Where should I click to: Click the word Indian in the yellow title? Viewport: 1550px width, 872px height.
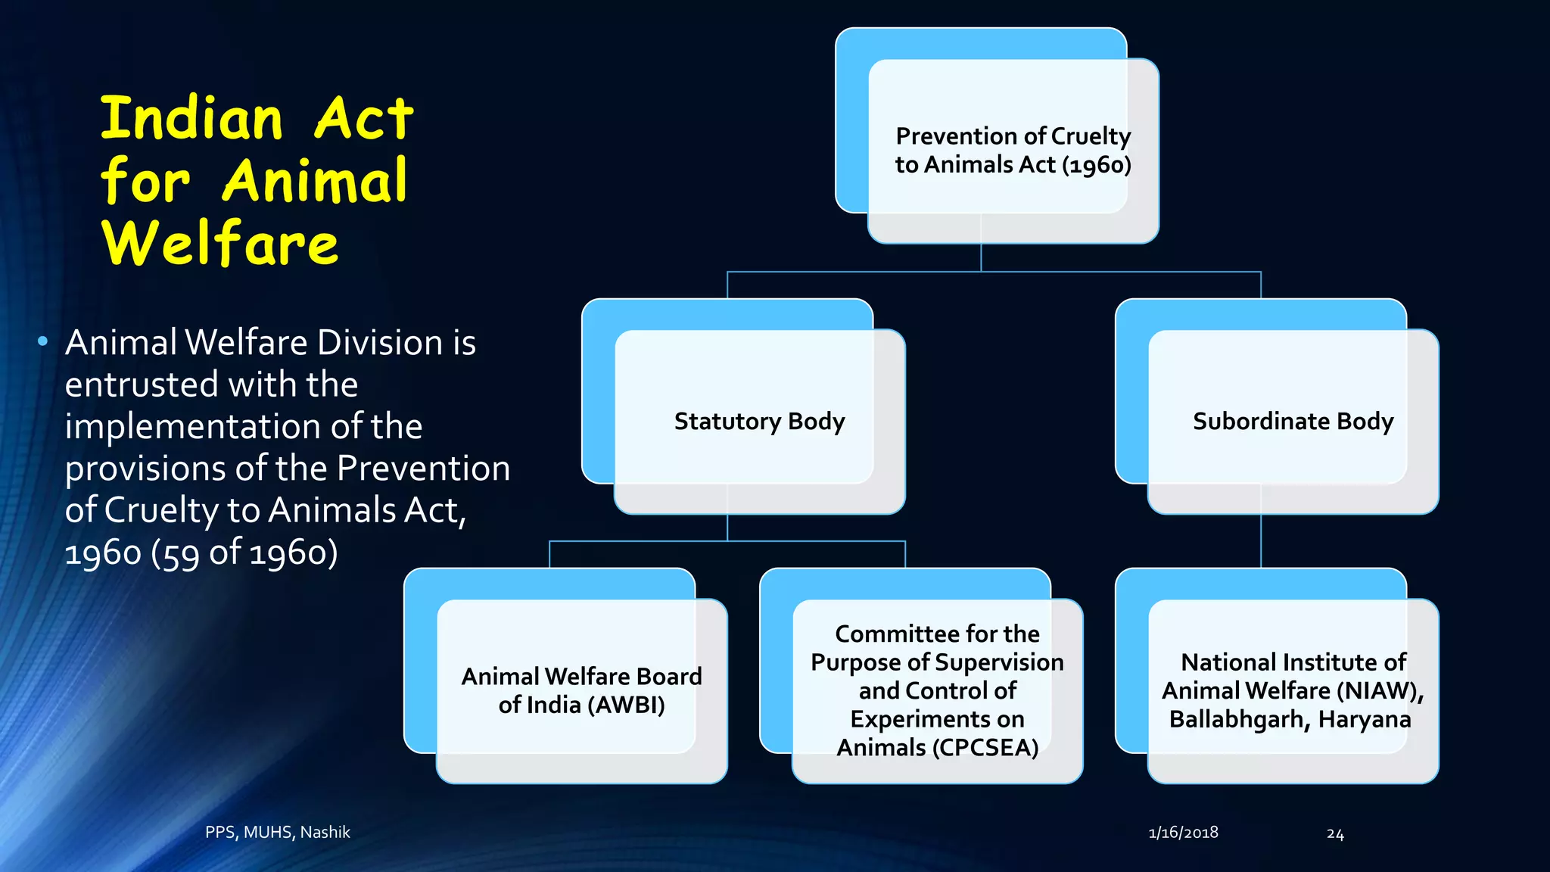(x=192, y=119)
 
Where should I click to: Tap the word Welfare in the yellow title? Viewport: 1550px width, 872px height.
(x=219, y=244)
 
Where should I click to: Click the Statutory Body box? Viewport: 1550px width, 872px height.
(x=759, y=421)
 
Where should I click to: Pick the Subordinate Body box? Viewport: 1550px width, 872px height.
(x=1293, y=421)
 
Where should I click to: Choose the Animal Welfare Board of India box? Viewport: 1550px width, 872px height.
(x=581, y=690)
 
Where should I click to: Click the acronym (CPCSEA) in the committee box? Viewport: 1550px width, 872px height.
(x=985, y=748)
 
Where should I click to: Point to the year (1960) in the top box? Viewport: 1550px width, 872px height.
(x=1097, y=165)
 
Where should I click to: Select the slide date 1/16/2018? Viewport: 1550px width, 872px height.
(x=1183, y=833)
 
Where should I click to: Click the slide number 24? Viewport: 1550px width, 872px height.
(x=1335, y=834)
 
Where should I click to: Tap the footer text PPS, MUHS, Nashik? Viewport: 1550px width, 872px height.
(x=278, y=832)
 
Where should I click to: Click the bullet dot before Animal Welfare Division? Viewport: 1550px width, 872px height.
(x=43, y=342)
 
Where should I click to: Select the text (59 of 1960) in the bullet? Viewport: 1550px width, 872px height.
(x=244, y=553)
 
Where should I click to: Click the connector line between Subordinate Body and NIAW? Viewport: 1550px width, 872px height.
(x=1261, y=541)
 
